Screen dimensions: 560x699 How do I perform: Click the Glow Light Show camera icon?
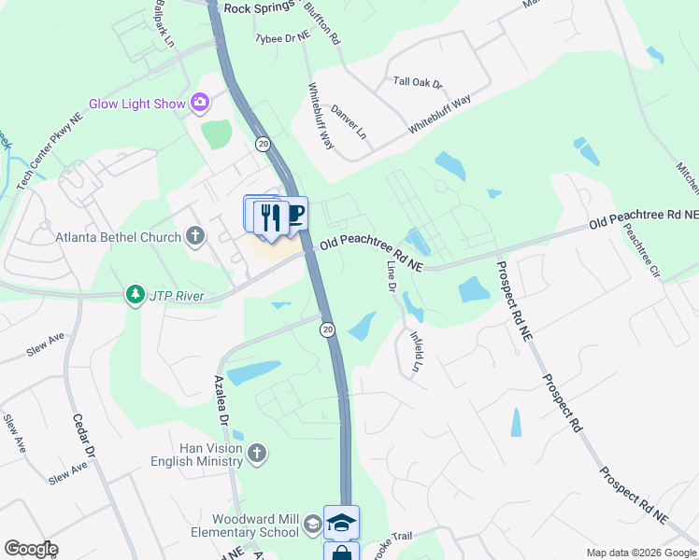[x=199, y=103]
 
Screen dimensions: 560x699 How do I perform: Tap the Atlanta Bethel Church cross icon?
[x=194, y=236]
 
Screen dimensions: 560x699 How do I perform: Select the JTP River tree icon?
[x=136, y=296]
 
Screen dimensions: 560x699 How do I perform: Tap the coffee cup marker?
[x=294, y=215]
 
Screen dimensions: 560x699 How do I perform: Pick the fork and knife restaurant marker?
[x=271, y=217]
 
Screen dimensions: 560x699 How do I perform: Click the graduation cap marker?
[x=341, y=523]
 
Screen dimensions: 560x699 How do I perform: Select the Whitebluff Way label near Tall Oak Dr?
[x=438, y=114]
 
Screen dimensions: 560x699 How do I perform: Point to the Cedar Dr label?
[x=83, y=438]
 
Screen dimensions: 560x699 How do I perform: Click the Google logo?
[x=31, y=549]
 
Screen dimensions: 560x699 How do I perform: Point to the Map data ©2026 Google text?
[x=641, y=553]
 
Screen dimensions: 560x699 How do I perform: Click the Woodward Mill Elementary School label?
[x=254, y=525]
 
